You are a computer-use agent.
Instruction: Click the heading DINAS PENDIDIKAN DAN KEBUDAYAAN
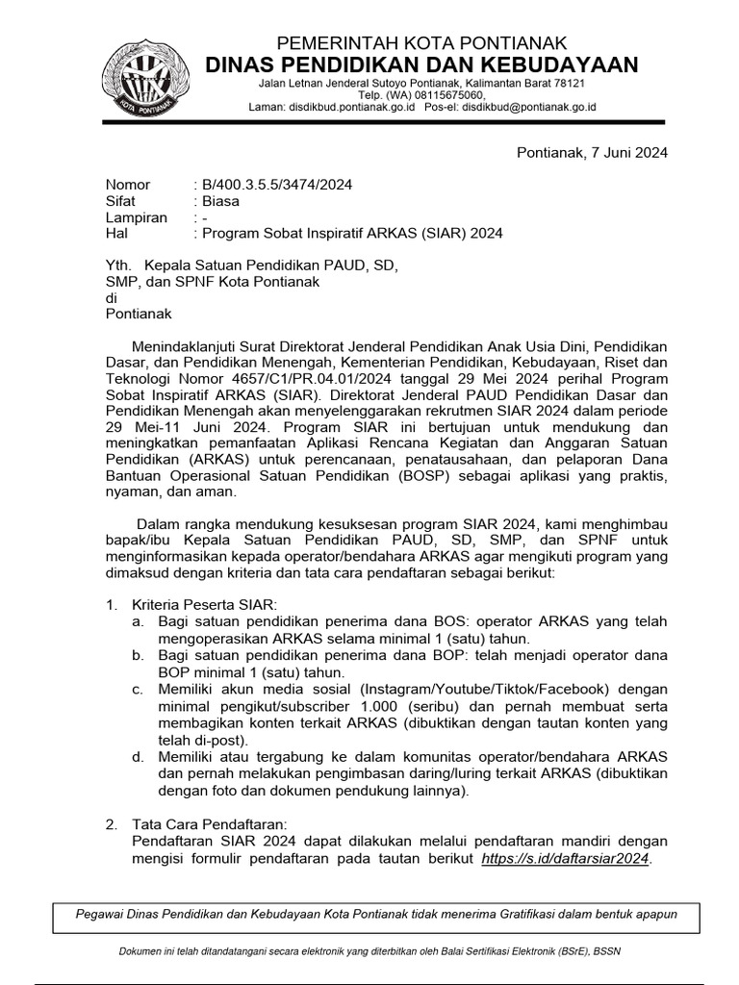pyautogui.click(x=423, y=64)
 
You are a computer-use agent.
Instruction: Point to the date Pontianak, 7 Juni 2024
pyautogui.click(x=592, y=152)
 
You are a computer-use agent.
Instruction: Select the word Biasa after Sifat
pyautogui.click(x=219, y=201)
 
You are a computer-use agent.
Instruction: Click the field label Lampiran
pyautogui.click(x=136, y=217)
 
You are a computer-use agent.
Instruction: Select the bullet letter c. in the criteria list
pyautogui.click(x=139, y=689)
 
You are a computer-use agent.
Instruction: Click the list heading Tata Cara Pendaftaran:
pyautogui.click(x=210, y=824)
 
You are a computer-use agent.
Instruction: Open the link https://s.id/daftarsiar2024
pyautogui.click(x=566, y=858)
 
